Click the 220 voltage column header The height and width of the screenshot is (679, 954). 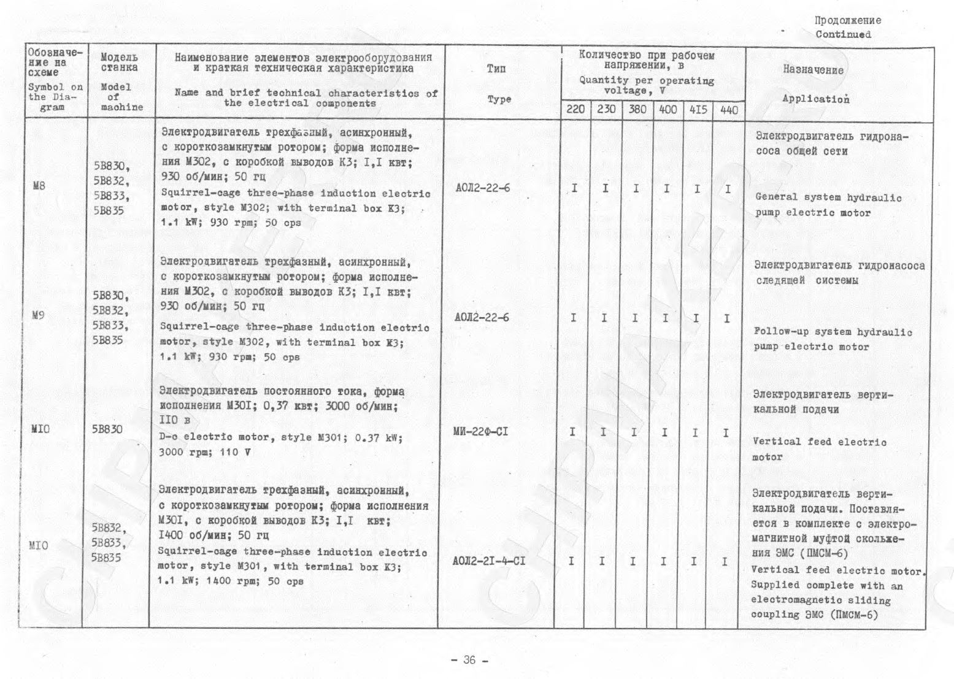point(575,110)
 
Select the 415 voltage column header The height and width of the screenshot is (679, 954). point(698,110)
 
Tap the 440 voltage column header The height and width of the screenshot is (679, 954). point(729,110)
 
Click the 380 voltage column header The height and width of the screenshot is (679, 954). point(637,110)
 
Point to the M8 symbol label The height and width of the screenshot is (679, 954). point(39,185)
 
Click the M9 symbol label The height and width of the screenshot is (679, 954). point(38,315)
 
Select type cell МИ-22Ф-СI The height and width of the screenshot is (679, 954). point(481,432)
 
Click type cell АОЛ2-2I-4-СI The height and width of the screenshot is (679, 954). point(488,561)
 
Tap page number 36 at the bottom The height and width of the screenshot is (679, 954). point(469,660)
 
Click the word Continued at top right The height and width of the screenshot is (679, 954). point(843,34)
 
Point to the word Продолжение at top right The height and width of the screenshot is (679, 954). point(847,20)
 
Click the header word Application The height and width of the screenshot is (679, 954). point(815,99)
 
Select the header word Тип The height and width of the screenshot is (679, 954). point(496,69)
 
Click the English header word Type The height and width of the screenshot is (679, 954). point(499,99)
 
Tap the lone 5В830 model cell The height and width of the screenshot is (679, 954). point(107,429)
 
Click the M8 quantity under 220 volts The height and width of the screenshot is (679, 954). point(574,188)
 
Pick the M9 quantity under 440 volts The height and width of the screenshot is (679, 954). point(726,318)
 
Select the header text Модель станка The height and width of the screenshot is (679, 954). point(119,62)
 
